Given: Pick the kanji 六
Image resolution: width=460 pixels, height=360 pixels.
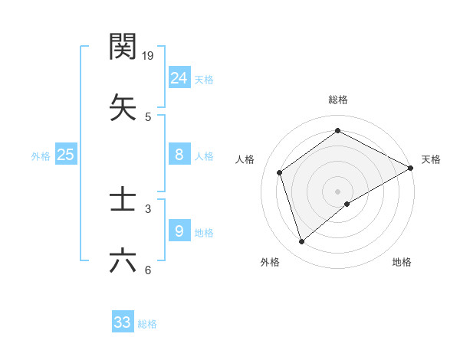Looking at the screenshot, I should click(123, 260).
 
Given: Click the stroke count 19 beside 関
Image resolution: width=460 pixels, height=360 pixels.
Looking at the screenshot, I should click(149, 56).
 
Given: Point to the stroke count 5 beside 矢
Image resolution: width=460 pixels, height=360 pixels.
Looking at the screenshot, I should click(148, 117).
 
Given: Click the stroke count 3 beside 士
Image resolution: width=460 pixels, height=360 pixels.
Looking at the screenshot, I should click(148, 208).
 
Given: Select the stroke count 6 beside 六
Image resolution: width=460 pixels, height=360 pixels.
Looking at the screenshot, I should click(148, 270).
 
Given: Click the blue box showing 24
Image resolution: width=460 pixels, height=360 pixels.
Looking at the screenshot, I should click(179, 77).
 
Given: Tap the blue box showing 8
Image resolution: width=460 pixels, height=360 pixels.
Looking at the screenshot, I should click(179, 155).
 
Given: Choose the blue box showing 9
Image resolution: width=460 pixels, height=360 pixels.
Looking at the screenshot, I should click(179, 231).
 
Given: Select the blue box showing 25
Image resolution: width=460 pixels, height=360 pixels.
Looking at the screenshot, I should click(65, 155).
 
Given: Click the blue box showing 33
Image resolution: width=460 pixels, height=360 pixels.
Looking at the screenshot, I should click(123, 322).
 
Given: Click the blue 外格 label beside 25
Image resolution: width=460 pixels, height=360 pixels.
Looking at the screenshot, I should click(41, 156).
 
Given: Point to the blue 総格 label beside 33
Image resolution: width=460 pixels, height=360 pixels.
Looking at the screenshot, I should click(147, 324).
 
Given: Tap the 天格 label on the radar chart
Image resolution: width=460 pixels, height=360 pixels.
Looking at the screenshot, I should click(431, 159).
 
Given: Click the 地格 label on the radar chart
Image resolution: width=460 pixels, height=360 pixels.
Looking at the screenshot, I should click(402, 263).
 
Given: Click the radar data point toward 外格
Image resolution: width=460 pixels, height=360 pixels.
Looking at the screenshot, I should click(301, 242).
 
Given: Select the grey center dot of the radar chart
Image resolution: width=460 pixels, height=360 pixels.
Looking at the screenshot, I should click(337, 191).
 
